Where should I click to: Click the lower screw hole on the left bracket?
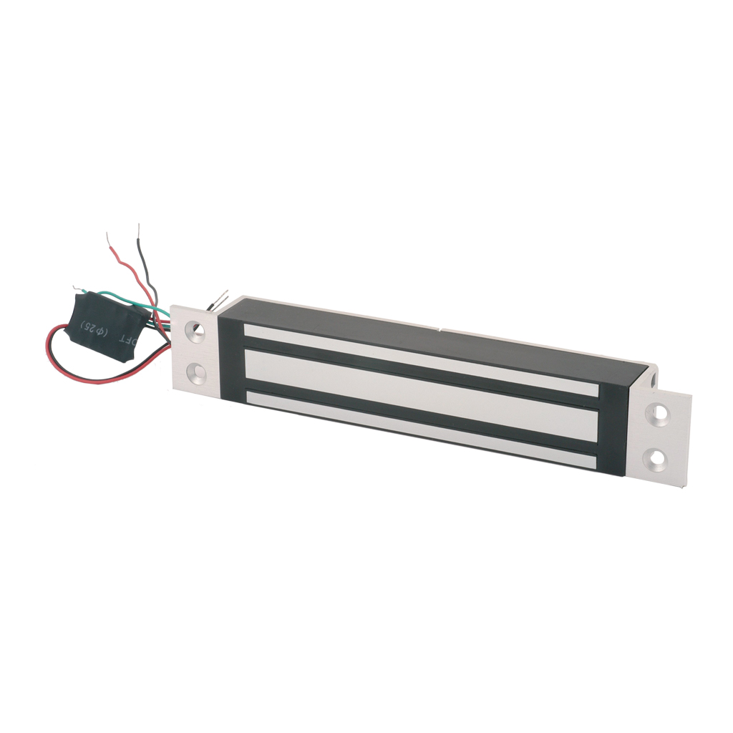coord(195,373)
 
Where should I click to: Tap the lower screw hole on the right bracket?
coord(656,456)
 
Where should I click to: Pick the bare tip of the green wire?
coord(77,288)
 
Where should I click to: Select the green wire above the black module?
coord(115,294)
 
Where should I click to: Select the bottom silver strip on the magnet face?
coord(422,428)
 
